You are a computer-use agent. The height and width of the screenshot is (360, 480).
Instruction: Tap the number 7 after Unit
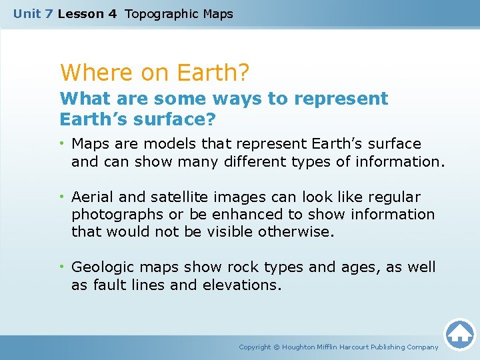click(48, 13)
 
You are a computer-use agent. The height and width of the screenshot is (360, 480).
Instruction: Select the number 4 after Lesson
click(111, 13)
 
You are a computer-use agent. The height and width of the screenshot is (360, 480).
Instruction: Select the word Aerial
click(91, 197)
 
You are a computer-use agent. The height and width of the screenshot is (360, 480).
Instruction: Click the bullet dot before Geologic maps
click(63, 267)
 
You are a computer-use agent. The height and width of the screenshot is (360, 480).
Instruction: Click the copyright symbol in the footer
click(277, 347)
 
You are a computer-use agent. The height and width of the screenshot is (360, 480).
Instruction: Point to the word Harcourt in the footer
click(361, 347)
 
